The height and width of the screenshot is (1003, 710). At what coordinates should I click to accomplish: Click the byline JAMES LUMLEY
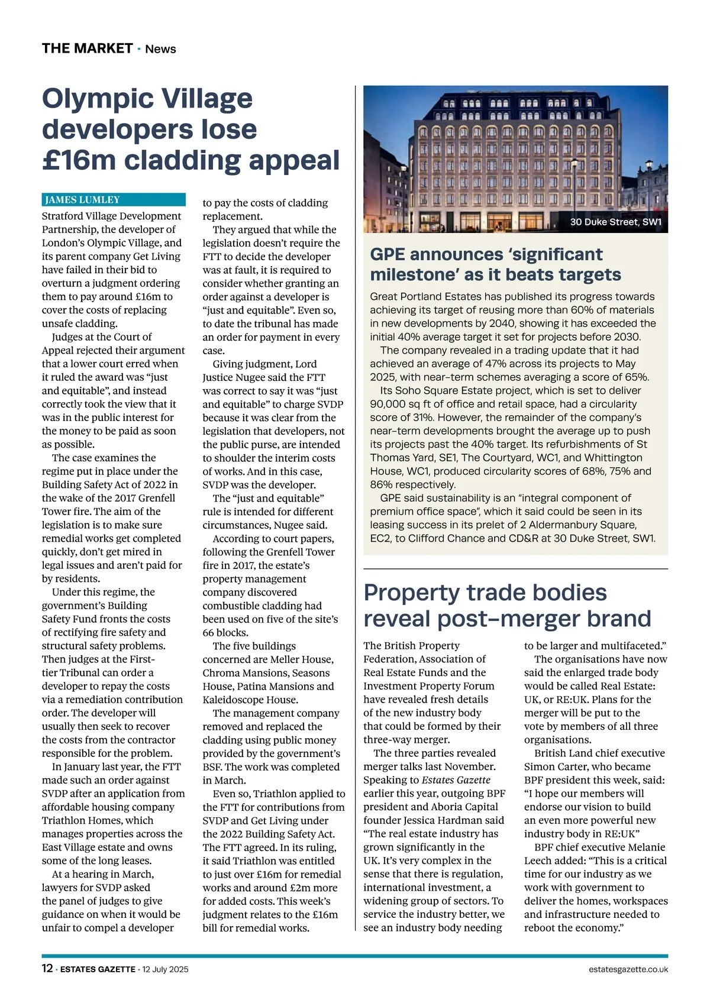pos(82,200)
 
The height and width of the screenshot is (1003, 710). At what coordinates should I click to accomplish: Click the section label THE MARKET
pos(87,48)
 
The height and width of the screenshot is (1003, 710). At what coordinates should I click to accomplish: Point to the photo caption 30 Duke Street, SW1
pos(615,222)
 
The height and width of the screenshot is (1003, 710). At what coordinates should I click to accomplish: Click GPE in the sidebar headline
pos(388,254)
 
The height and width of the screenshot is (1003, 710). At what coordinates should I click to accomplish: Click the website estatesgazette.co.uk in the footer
pos(628,969)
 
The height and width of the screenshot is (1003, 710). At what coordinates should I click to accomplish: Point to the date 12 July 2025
pos(165,969)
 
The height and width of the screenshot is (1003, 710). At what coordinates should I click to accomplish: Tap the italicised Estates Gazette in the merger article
pos(456,780)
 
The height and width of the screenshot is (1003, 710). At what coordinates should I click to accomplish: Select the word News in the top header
pos(160,49)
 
